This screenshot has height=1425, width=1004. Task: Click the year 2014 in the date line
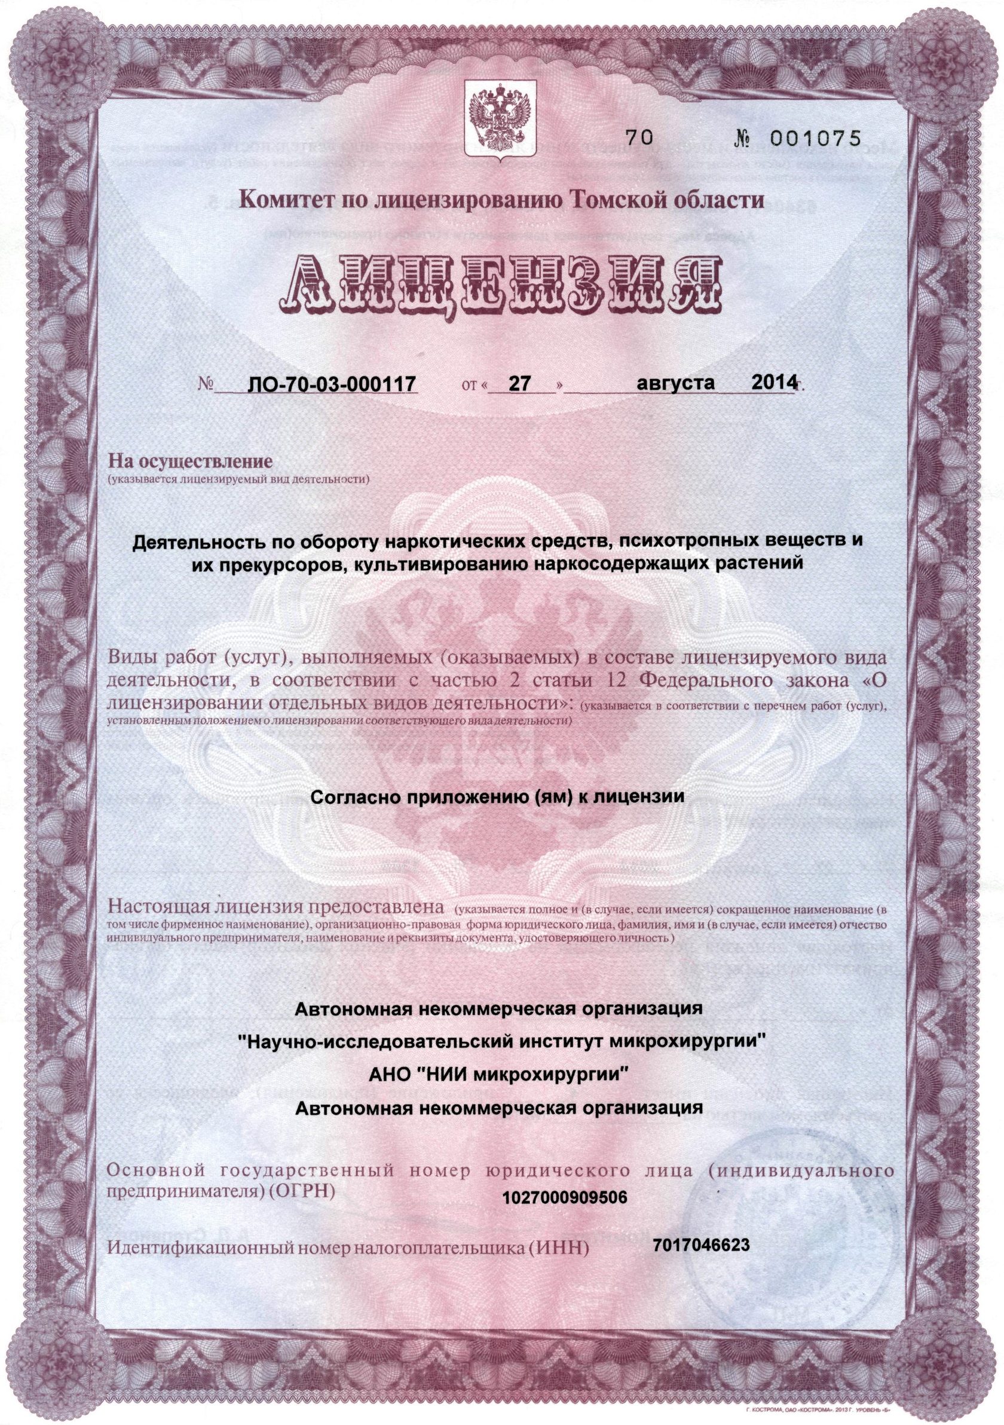tap(773, 383)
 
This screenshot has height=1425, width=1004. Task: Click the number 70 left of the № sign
tap(638, 139)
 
